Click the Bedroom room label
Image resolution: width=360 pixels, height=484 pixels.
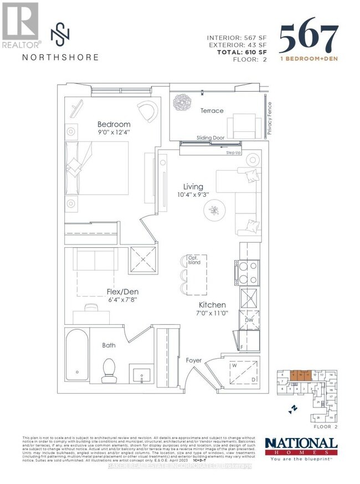pos(114,124)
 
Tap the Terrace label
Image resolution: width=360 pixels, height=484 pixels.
pos(212,111)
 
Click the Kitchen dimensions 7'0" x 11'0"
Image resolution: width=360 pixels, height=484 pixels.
pos(213,314)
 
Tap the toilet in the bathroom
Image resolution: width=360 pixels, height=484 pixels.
pos(109,370)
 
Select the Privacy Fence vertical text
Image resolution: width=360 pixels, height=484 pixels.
pos(270,119)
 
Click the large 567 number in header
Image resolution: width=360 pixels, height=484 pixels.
pos(308,39)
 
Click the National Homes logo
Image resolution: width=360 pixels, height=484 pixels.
pos(301,447)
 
